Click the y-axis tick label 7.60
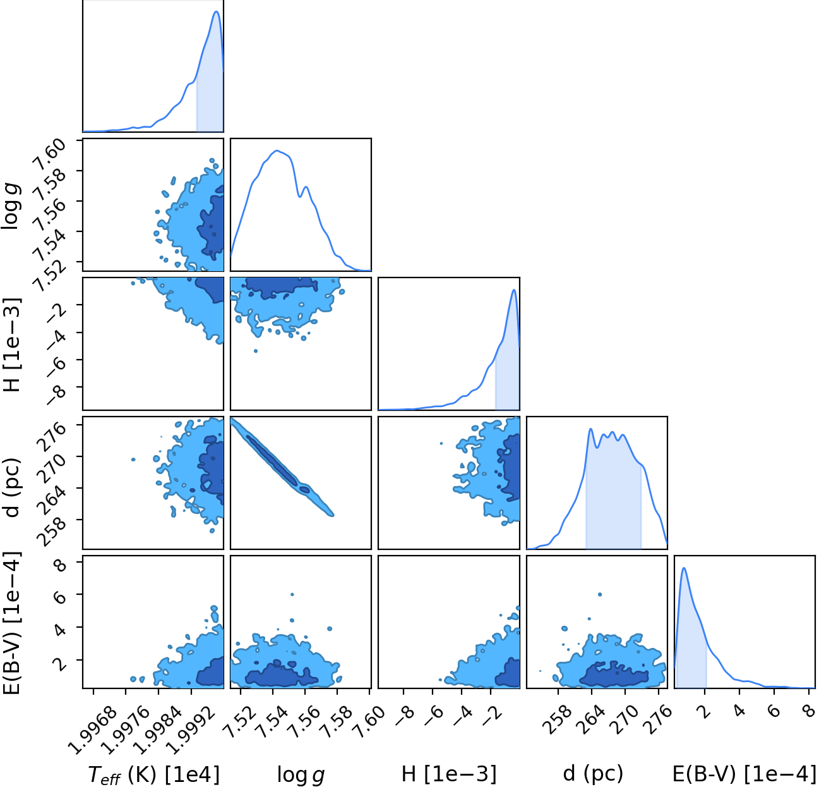[x=50, y=155]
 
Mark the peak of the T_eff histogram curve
[x=217, y=11]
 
